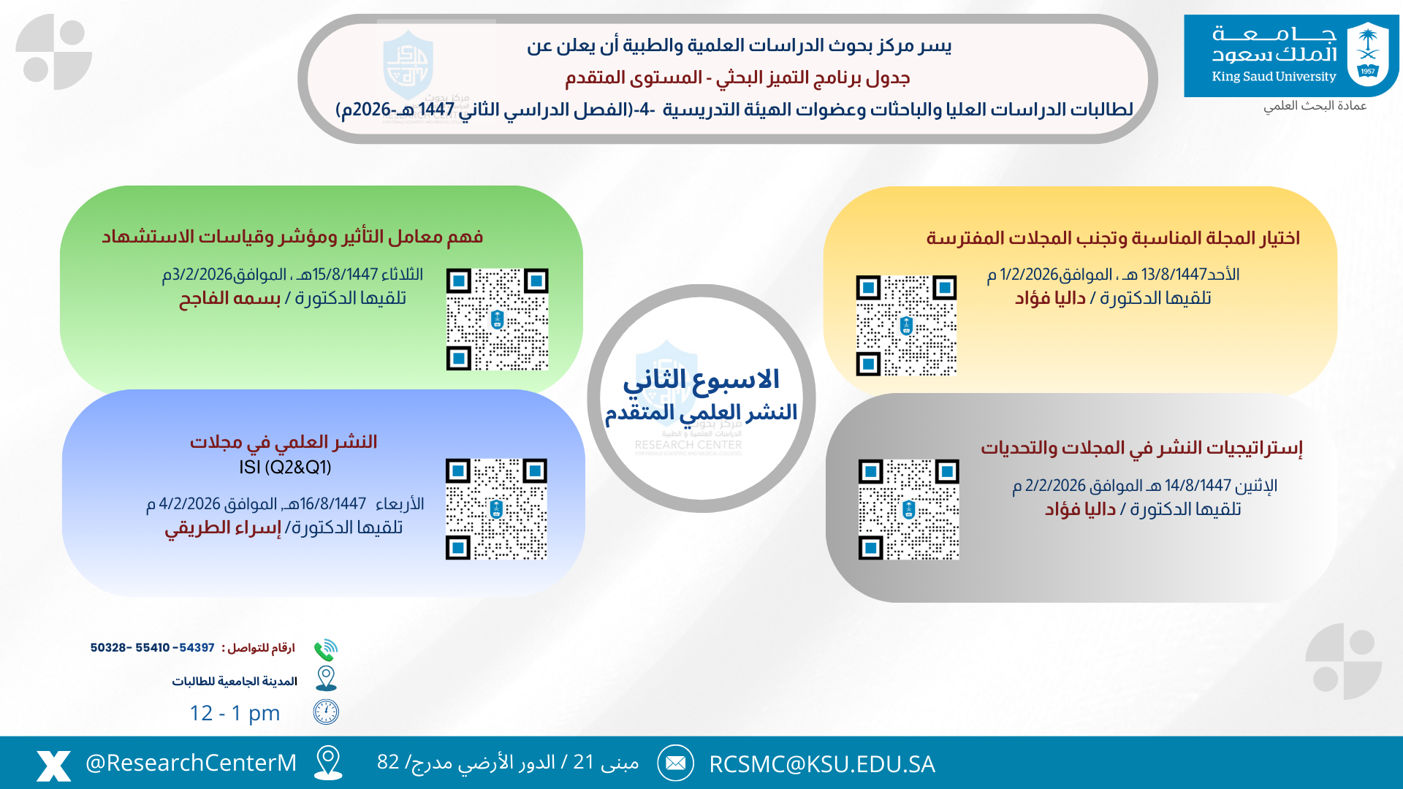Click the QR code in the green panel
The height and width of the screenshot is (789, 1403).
click(497, 319)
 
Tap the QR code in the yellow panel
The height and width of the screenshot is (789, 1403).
click(906, 326)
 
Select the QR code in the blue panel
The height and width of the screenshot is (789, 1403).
click(496, 509)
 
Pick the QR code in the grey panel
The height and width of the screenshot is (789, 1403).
click(908, 509)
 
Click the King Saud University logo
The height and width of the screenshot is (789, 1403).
click(1291, 56)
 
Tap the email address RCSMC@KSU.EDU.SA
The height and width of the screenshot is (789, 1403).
click(821, 764)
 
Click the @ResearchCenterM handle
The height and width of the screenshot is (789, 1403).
click(191, 763)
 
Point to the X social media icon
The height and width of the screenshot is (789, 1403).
click(54, 765)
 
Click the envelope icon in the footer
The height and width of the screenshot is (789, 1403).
click(675, 763)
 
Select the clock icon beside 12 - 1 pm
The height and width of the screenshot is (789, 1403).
click(326, 712)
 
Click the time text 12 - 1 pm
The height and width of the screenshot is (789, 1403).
click(235, 713)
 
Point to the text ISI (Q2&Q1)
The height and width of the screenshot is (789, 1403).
click(285, 468)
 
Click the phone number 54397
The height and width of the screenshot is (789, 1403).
click(197, 648)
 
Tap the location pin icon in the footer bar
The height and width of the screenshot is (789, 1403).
click(328, 762)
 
